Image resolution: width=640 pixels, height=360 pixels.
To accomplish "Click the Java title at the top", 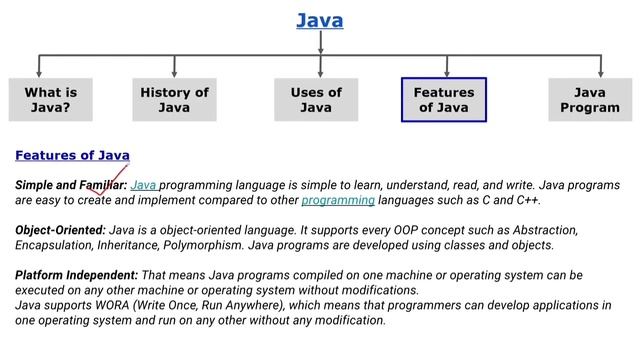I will click(x=320, y=19).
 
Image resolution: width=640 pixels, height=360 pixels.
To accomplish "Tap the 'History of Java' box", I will click(x=174, y=100).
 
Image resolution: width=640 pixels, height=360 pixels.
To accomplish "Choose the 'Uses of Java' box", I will click(x=316, y=100).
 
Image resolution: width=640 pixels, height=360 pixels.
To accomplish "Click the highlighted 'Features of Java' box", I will click(x=444, y=100).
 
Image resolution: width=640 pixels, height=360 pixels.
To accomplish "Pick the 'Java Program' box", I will click(x=590, y=100).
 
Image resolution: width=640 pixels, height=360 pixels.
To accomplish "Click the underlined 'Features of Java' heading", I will click(x=72, y=155).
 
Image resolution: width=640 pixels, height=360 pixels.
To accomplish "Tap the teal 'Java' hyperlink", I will click(x=144, y=185).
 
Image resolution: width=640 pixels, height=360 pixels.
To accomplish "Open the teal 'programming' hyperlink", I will click(x=334, y=200).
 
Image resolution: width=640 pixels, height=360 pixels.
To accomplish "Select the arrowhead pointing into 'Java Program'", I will click(x=600, y=73).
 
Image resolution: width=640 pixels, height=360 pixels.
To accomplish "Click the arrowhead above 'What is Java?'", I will click(x=38, y=73).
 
